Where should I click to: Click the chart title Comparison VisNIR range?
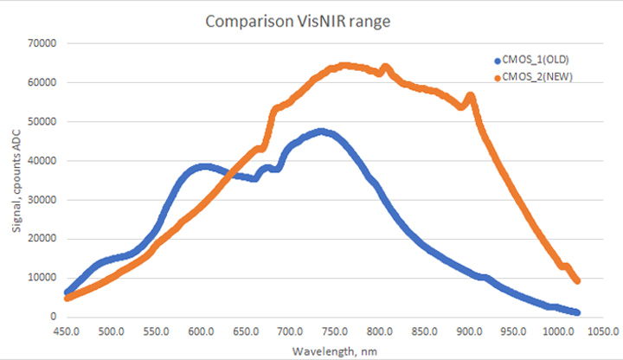coord(299,21)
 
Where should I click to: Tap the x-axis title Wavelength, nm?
coord(334,350)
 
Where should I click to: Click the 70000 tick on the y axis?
coord(42,43)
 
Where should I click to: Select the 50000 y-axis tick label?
coord(42,121)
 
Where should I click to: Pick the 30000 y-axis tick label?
coord(42,200)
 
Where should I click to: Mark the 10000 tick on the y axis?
coord(42,278)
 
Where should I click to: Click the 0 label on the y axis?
coord(53,317)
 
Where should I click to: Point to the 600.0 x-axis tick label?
coord(201,331)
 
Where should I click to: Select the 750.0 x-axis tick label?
coord(335,331)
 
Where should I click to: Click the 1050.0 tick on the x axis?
coord(603,331)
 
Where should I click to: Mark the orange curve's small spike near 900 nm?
coord(470,96)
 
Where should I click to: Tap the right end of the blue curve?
coord(576,312)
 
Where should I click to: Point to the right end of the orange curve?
coord(577,280)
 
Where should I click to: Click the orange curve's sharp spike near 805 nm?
coord(385,67)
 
